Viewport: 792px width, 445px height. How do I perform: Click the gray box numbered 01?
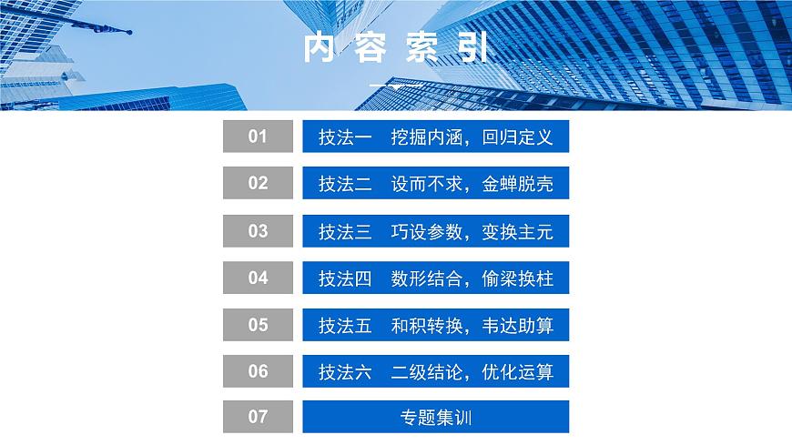tap(258, 137)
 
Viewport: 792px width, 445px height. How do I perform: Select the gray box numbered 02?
tap(258, 183)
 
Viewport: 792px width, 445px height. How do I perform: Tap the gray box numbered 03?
tap(258, 230)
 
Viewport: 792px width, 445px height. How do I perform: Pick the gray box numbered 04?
tap(258, 278)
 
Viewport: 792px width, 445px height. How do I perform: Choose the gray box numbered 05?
tap(258, 324)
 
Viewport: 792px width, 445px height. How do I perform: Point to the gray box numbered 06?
tap(258, 371)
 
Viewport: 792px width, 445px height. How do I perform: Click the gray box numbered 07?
tap(258, 417)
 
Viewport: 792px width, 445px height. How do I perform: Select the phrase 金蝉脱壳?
tap(518, 184)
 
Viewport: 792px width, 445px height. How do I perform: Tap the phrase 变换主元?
tap(518, 231)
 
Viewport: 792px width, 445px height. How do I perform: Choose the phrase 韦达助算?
tap(518, 325)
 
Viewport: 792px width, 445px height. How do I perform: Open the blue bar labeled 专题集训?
tap(436, 418)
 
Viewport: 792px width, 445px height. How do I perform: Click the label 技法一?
tap(345, 137)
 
